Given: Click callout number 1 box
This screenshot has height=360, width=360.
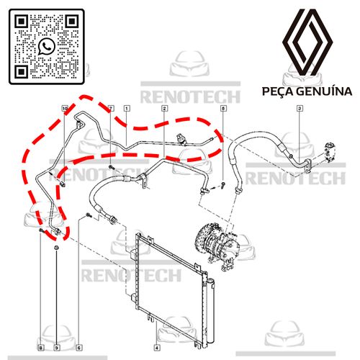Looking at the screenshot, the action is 127,109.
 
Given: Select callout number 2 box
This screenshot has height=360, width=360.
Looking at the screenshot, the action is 164,109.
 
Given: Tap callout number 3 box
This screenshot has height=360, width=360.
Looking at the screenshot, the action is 300,109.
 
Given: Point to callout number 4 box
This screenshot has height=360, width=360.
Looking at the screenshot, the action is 157,347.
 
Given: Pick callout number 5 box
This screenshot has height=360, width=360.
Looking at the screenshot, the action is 223,109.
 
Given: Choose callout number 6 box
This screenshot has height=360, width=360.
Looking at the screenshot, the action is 79,347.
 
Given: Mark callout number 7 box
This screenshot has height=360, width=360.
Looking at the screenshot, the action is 111,109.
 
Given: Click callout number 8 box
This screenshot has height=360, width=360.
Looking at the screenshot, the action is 41,347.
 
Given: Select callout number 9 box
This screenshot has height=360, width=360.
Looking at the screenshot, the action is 57,347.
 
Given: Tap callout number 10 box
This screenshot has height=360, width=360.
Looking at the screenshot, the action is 65,109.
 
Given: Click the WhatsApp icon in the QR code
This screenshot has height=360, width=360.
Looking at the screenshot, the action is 47,47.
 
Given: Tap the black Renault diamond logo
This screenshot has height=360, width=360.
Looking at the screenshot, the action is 307,41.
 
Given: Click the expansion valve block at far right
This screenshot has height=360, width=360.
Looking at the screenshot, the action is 330,151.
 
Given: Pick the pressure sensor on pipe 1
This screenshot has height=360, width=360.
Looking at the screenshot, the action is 181,139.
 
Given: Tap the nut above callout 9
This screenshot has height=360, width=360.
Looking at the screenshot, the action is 56,247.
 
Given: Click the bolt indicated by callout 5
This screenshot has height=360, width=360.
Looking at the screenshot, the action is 223,185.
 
